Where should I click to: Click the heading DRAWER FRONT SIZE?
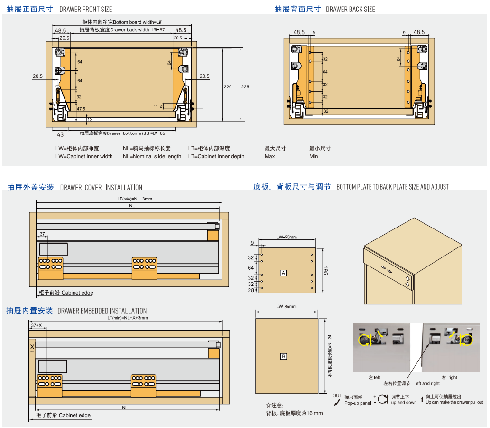click(86, 10)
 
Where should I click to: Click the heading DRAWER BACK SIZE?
click(351, 10)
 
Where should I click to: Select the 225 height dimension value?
click(245, 87)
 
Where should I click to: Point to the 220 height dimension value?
click(228, 87)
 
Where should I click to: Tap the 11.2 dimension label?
click(158, 106)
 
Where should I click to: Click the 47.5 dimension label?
click(81, 109)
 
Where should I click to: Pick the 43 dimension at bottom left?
click(60, 135)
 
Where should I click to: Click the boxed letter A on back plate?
click(283, 273)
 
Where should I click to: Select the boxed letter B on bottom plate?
click(283, 356)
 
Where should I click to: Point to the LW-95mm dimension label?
click(287, 237)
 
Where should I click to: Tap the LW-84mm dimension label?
click(287, 307)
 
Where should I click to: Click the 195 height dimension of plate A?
click(326, 271)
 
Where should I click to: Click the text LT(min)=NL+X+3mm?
click(128, 318)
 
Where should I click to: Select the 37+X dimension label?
click(36, 326)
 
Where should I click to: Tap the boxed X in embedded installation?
click(32, 347)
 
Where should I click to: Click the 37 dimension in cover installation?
click(42, 234)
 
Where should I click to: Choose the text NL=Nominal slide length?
click(152, 156)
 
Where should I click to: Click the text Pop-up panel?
click(358, 403)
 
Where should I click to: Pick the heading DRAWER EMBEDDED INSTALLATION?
click(102, 311)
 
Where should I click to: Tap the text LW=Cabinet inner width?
click(84, 156)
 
